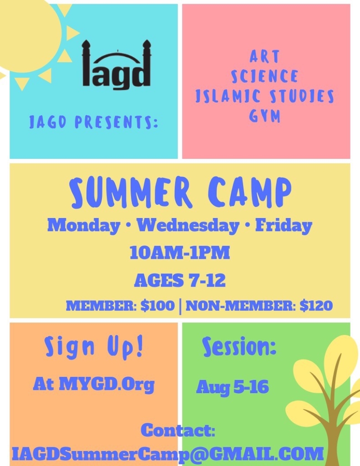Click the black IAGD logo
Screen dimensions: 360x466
point(117,65)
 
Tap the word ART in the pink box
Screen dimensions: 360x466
point(264,56)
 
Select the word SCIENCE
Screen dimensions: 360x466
point(264,76)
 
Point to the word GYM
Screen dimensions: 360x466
point(264,116)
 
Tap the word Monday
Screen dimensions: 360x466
point(84,226)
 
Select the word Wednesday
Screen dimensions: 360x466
point(188,226)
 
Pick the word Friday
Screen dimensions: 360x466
point(284,226)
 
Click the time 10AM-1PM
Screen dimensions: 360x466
point(180,253)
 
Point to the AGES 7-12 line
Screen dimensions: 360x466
point(180,280)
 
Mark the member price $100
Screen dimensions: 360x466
point(157,305)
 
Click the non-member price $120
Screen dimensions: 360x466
point(316,305)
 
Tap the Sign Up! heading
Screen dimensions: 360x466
point(94,346)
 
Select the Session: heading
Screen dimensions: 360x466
point(239,346)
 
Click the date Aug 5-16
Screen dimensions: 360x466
point(233,387)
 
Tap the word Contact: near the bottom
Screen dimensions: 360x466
point(178,430)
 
